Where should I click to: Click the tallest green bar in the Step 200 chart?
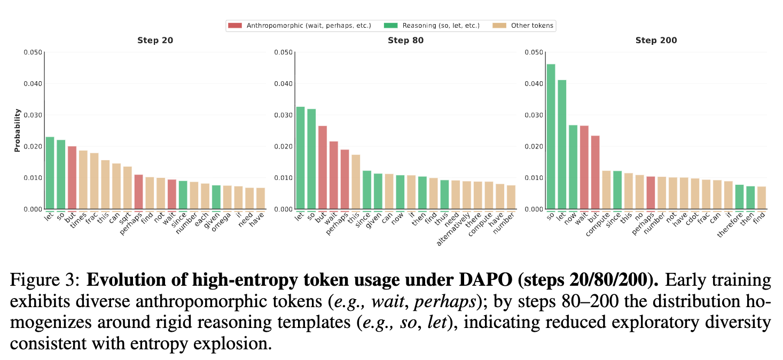[551, 136]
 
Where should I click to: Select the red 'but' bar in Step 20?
[72, 177]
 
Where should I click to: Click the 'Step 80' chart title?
[405, 41]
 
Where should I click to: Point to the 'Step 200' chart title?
[656, 41]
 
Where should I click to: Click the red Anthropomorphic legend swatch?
[235, 25]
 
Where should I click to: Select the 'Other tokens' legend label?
[531, 25]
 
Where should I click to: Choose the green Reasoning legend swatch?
[391, 25]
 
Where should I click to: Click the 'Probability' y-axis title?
[17, 130]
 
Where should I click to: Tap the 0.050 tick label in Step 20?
[32, 52]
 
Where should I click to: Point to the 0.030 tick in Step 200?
[534, 115]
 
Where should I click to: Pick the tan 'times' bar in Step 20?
[83, 179]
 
